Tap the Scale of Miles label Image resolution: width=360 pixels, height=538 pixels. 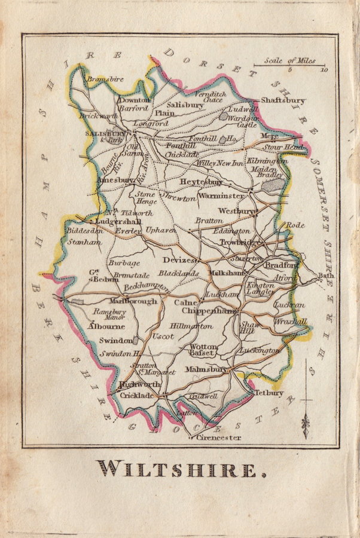pyautogui.click(x=289, y=60)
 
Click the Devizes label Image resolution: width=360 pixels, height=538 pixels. pyautogui.click(x=179, y=260)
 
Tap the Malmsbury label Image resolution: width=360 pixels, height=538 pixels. pyautogui.click(x=205, y=369)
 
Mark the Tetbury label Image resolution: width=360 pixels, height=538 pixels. pyautogui.click(x=269, y=393)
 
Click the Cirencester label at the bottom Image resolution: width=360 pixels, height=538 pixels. pyautogui.click(x=219, y=438)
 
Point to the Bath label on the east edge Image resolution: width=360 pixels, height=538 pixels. pyautogui.click(x=325, y=276)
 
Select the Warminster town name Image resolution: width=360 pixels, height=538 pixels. pyautogui.click(x=221, y=195)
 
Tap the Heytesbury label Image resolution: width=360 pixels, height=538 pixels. pyautogui.click(x=201, y=181)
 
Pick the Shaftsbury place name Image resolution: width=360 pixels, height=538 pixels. pyautogui.click(x=283, y=101)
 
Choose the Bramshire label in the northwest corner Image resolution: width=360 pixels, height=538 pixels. pyautogui.click(x=105, y=78)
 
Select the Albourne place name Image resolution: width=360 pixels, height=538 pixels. pyautogui.click(x=106, y=326)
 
